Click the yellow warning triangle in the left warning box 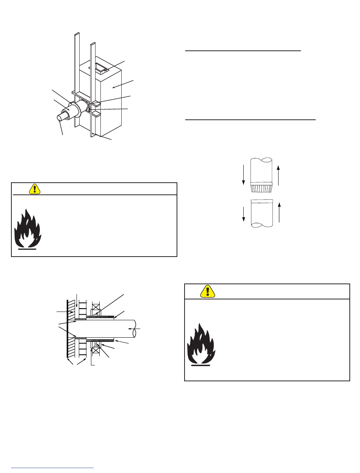35,188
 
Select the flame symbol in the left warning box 28,229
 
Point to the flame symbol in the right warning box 201,345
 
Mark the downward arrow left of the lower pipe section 243,215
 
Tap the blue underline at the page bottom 52,468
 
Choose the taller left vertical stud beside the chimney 77,76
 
